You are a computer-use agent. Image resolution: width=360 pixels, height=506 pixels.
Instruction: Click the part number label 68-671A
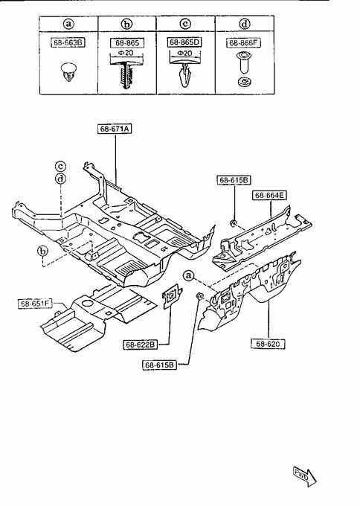(115, 129)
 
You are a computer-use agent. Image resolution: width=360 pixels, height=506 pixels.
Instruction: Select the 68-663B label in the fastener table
(68, 42)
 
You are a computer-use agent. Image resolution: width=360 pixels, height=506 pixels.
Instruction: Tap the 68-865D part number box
(184, 42)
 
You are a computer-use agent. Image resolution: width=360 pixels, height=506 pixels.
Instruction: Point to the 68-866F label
(244, 43)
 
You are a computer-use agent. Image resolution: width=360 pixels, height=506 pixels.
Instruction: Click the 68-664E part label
(269, 195)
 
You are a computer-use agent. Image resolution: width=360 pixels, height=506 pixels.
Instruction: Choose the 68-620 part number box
(268, 344)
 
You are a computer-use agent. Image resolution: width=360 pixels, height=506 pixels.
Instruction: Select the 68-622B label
(141, 345)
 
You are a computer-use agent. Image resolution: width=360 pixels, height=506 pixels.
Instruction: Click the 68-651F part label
(35, 304)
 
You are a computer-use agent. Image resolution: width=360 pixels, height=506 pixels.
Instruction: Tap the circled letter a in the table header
(68, 24)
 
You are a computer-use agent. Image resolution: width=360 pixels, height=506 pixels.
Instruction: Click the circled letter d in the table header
(245, 24)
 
